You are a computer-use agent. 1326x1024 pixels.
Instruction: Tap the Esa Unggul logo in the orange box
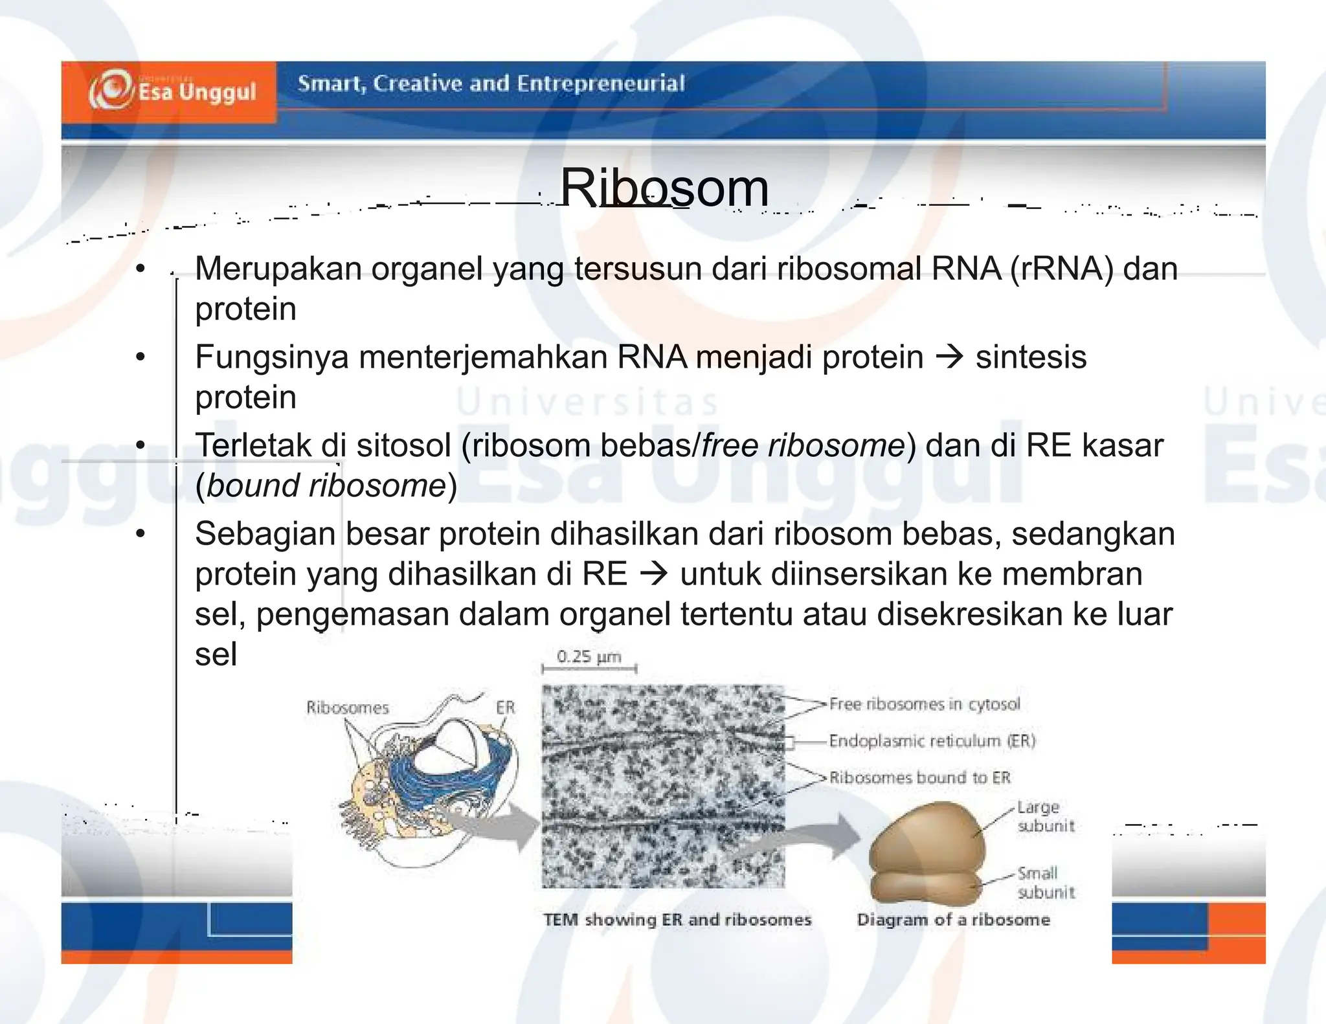pyautogui.click(x=173, y=91)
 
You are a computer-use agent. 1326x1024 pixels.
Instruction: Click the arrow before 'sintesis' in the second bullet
pyautogui.click(x=950, y=357)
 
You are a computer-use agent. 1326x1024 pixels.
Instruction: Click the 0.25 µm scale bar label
pyautogui.click(x=589, y=657)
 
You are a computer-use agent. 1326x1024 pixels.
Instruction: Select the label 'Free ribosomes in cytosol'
pyautogui.click(x=924, y=704)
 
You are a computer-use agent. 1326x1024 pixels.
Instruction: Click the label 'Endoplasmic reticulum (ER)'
pyautogui.click(x=932, y=740)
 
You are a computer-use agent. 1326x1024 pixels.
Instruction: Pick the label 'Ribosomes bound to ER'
pyautogui.click(x=919, y=777)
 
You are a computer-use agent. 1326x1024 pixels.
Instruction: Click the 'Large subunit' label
pyautogui.click(x=1045, y=816)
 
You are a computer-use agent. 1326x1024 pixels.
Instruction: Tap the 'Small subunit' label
pyautogui.click(x=1045, y=882)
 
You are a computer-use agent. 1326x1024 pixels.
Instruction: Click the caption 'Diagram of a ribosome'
pyautogui.click(x=953, y=920)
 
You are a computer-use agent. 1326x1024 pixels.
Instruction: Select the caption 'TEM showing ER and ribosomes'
pyautogui.click(x=677, y=920)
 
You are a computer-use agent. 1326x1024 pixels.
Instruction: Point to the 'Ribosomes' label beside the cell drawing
pyautogui.click(x=348, y=707)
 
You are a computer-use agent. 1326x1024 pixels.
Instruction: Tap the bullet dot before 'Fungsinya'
pyautogui.click(x=140, y=357)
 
